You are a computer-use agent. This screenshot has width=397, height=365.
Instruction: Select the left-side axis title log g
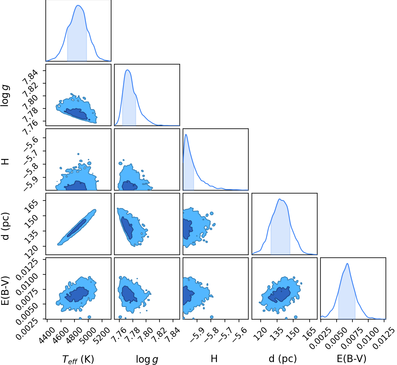pyautogui.click(x=5, y=96)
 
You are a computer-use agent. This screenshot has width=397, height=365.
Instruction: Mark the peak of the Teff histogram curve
pyautogui.click(x=78, y=5)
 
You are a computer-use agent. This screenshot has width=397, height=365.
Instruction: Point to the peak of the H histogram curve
pyautogui.click(x=186, y=134)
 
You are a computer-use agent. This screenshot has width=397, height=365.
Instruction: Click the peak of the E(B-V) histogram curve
pyautogui.click(x=347, y=264)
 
